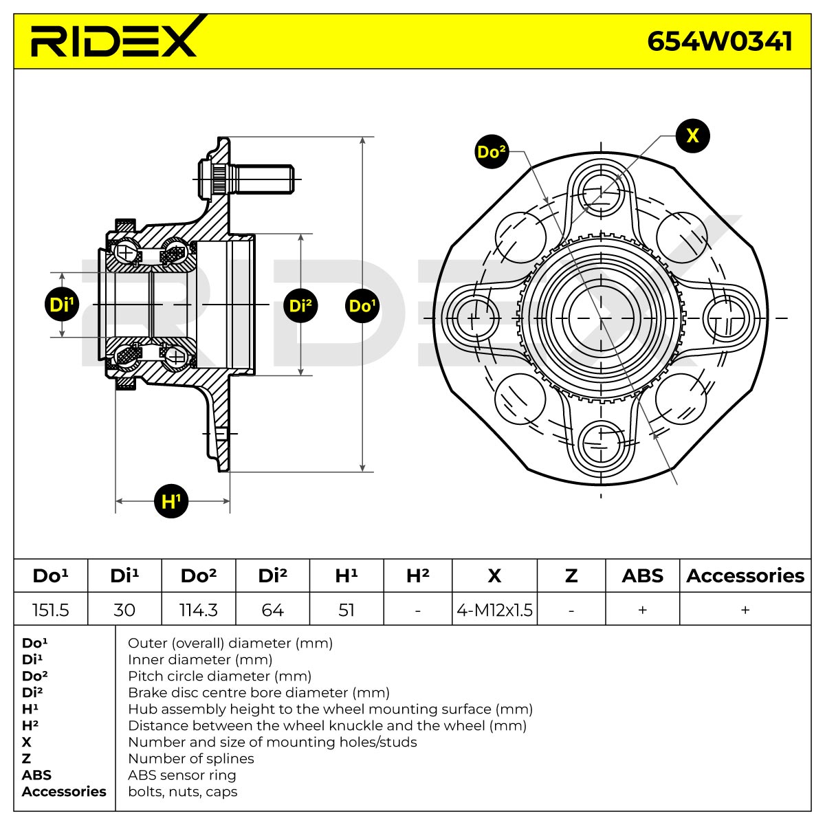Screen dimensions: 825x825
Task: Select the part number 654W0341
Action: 719,41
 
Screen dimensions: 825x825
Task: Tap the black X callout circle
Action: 692,135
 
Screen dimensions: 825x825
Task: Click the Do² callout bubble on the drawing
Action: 492,151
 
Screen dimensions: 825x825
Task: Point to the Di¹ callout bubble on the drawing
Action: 62,305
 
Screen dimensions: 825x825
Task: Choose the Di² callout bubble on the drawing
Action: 300,306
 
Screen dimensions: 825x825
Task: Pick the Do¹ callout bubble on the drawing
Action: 362,306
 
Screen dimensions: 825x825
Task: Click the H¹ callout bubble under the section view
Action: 170,501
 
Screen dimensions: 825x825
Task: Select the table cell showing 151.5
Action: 50,610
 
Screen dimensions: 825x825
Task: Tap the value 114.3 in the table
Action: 198,610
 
